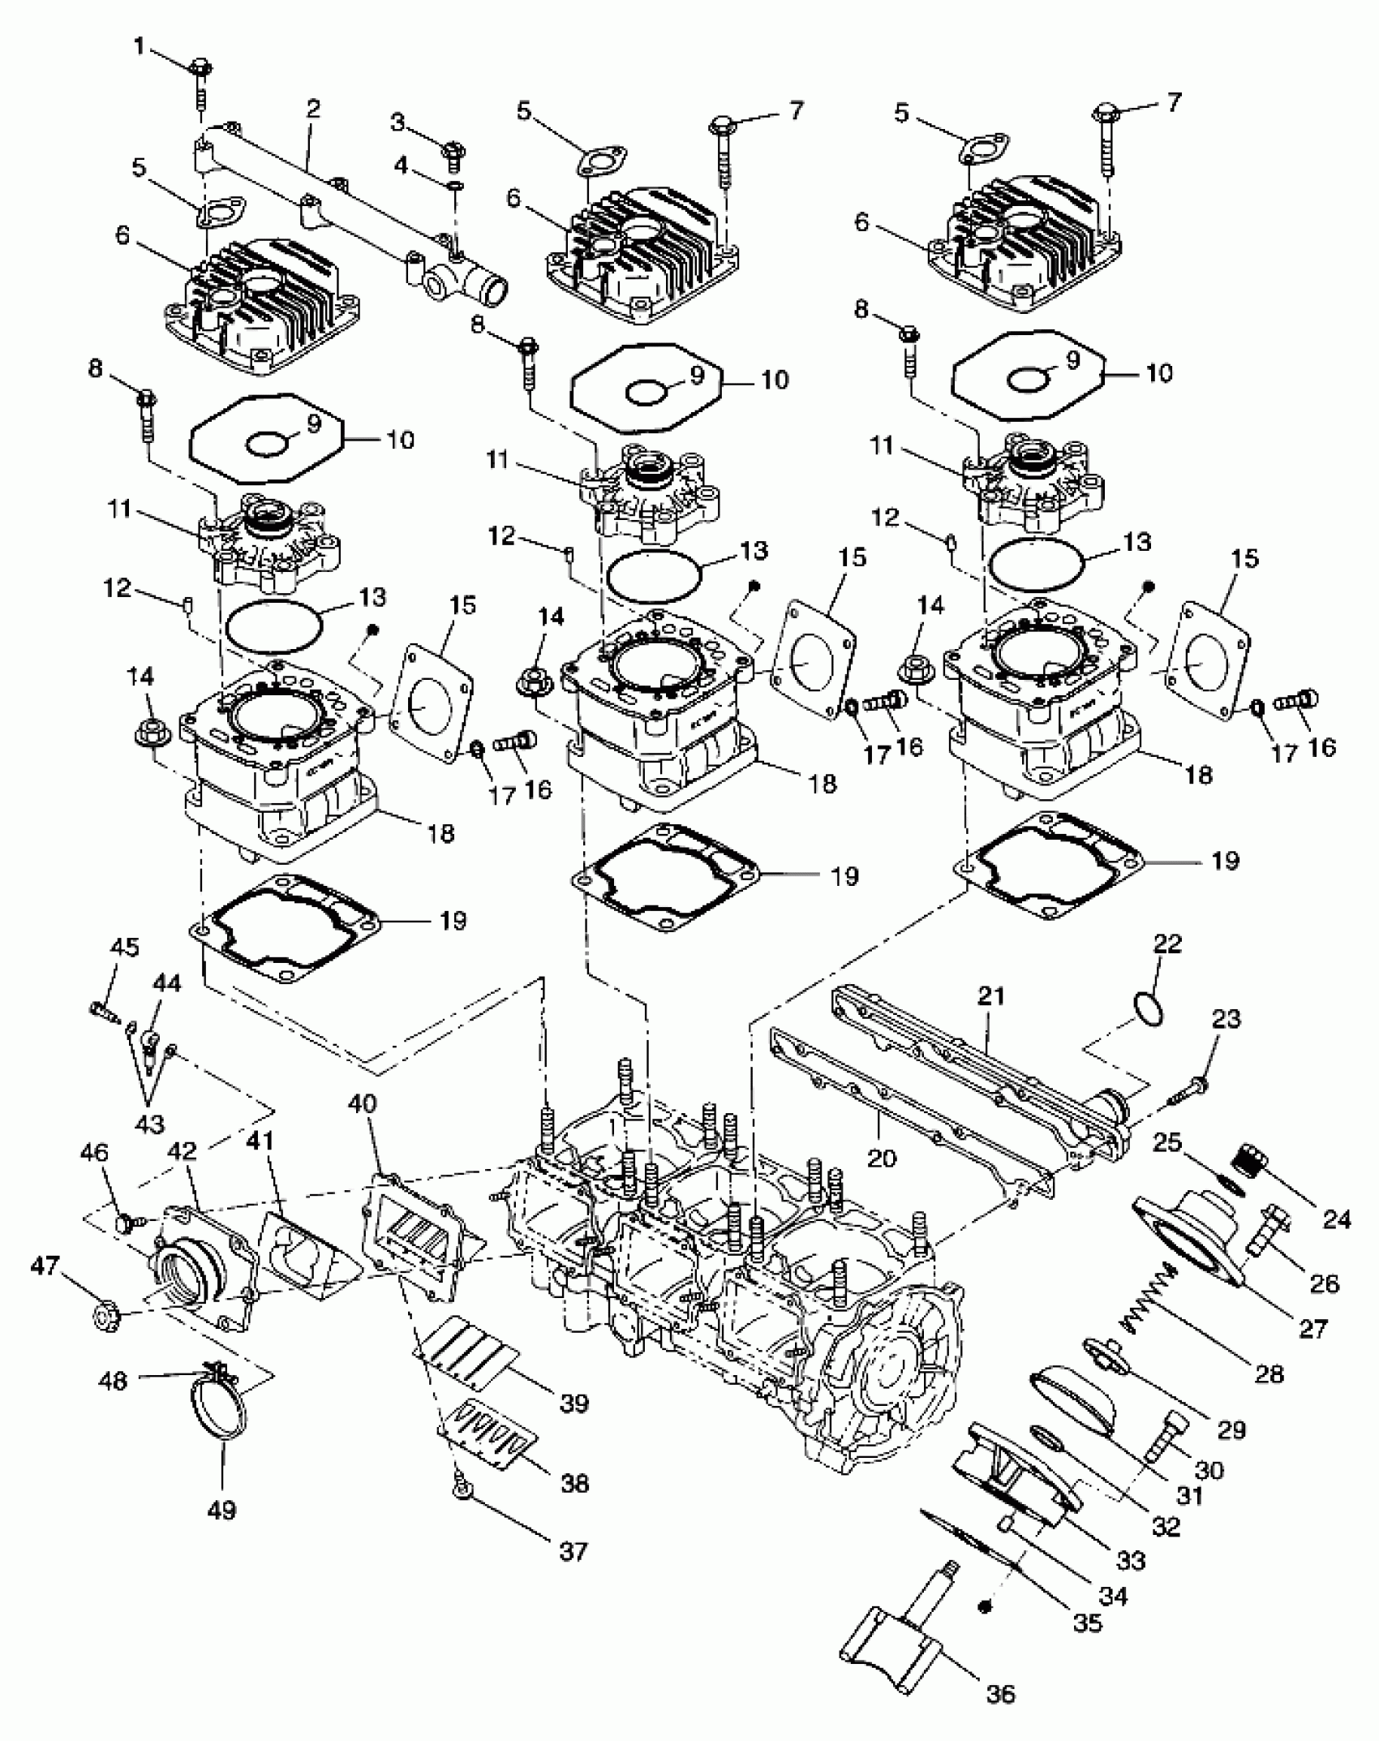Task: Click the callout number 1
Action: pyautogui.click(x=139, y=47)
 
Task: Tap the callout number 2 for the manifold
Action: pyautogui.click(x=313, y=109)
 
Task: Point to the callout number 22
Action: pyautogui.click(x=1167, y=944)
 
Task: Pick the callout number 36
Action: pyautogui.click(x=1001, y=1694)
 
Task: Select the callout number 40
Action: pyautogui.click(x=363, y=1103)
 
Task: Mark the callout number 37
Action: pyautogui.click(x=573, y=1551)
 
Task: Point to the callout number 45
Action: pyautogui.click(x=125, y=948)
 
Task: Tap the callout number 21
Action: pyautogui.click(x=991, y=996)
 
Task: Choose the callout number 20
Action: pyautogui.click(x=882, y=1157)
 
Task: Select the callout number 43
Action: pyautogui.click(x=149, y=1124)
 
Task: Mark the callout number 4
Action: pyautogui.click(x=402, y=166)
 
